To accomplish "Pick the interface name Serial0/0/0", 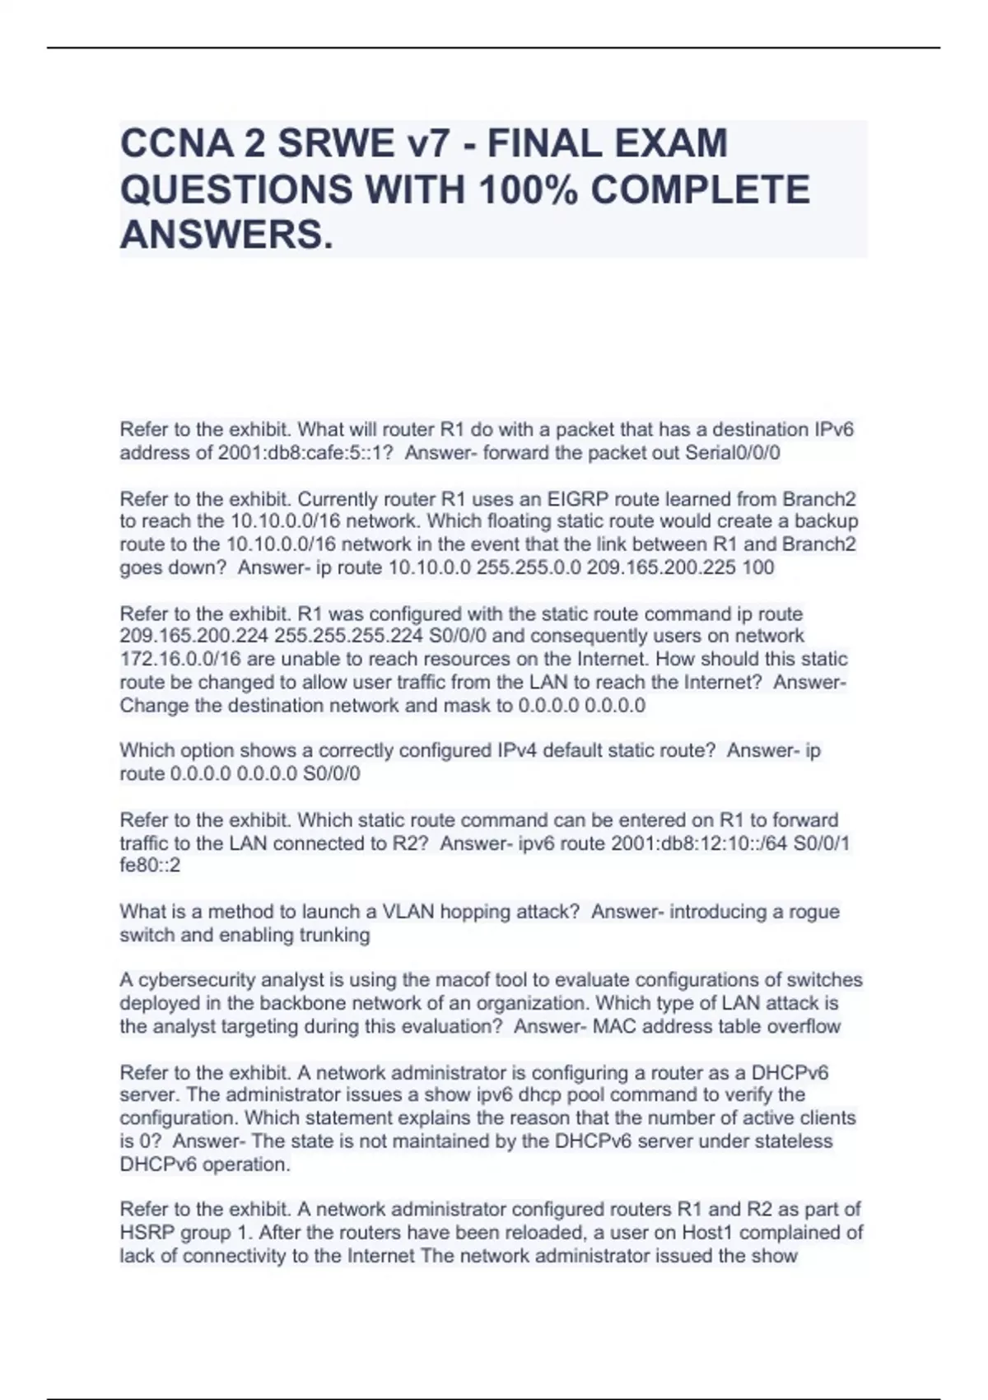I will click(733, 453).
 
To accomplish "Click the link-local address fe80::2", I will click(150, 866).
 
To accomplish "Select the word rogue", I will click(814, 912).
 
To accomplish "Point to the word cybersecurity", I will click(197, 980).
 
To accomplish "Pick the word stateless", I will click(791, 1141).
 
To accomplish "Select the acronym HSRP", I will click(147, 1233).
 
